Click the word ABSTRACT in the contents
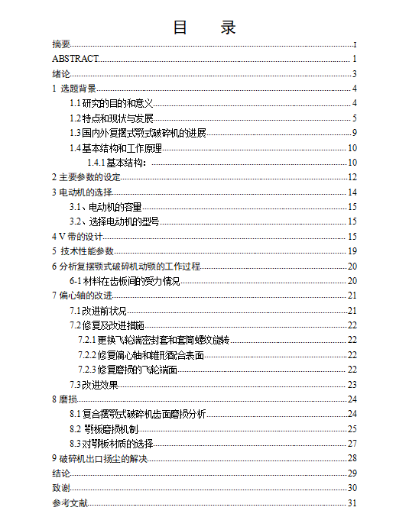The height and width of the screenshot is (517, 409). pos(75,59)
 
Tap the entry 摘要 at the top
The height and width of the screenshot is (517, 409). pos(61,44)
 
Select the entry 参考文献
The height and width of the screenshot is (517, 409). pos(70,502)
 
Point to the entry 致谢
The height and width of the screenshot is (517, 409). pos(61,488)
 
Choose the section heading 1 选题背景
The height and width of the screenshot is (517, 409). pos(74,89)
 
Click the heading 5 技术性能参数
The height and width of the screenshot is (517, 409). pos(83,251)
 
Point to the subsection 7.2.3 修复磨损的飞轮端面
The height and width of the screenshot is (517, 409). pos(128,370)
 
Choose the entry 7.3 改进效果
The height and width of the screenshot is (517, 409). pos(94,384)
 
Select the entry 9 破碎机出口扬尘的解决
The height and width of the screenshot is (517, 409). pos(99,458)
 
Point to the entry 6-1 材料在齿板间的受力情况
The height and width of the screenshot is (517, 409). pos(125,281)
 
